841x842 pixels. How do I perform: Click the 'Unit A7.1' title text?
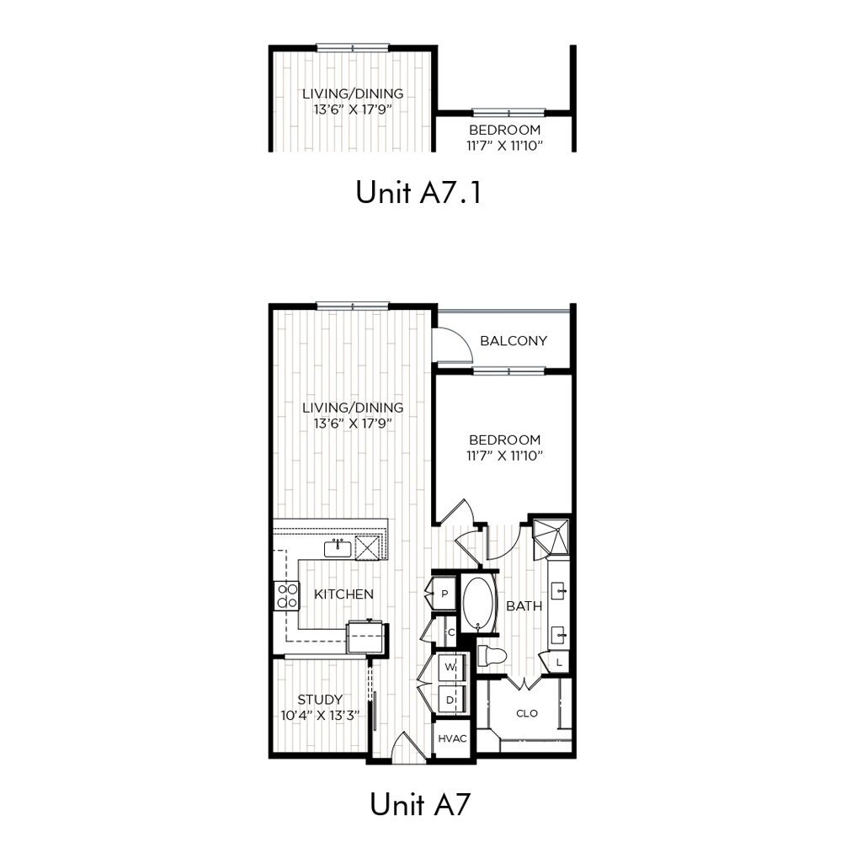click(x=418, y=192)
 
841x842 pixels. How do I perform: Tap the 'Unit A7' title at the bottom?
click(x=420, y=804)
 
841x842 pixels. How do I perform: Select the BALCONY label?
click(x=514, y=340)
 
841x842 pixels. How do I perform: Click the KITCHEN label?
click(x=343, y=594)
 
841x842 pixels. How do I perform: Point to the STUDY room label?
click(x=320, y=699)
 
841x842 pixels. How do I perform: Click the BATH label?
click(x=524, y=606)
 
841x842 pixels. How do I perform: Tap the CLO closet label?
click(x=527, y=713)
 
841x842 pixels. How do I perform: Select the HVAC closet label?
click(x=452, y=739)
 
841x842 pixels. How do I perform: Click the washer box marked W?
click(x=451, y=668)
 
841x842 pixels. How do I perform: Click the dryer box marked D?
click(x=451, y=701)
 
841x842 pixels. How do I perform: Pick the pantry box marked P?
click(x=444, y=594)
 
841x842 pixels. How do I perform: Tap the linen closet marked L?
click(x=558, y=662)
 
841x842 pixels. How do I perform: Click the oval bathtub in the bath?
click(x=478, y=604)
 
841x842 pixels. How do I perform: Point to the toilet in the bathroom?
click(x=492, y=656)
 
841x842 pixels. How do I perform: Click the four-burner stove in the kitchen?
click(x=287, y=596)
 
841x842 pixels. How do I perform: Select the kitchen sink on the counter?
click(x=338, y=549)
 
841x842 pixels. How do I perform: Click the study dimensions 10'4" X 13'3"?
click(x=320, y=716)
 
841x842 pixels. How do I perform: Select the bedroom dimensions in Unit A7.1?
click(x=505, y=146)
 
